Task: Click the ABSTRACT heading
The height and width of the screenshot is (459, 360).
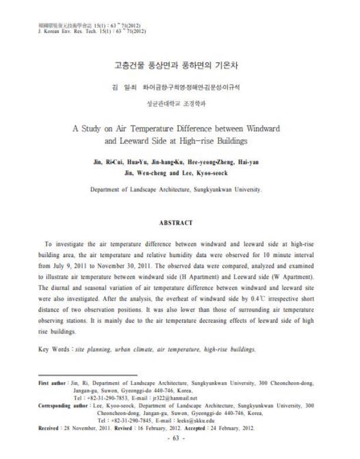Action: (176, 223)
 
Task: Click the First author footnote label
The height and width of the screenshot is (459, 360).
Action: (53, 383)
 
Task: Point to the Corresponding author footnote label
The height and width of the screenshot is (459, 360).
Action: (65, 406)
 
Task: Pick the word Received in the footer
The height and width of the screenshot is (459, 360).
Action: (50, 428)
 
